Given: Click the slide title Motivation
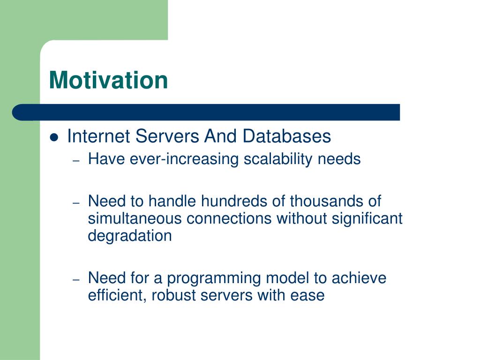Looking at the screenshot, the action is (108, 80).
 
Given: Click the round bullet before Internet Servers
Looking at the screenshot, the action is (54, 137).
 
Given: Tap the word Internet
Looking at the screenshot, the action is (98, 136).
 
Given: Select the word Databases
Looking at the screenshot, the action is (286, 136).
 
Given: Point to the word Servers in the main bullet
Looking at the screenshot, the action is (167, 136).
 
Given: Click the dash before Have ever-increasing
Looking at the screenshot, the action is (76, 160).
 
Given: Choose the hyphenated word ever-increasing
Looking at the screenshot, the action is (184, 159).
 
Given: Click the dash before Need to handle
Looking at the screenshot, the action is (76, 202).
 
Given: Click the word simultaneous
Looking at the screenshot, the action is (135, 218).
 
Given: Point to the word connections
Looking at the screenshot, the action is (229, 218).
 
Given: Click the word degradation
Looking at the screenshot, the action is (130, 236).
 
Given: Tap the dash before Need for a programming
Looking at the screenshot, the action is (76, 279).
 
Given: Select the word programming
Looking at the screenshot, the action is (214, 279).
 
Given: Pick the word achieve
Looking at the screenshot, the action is (359, 278).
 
